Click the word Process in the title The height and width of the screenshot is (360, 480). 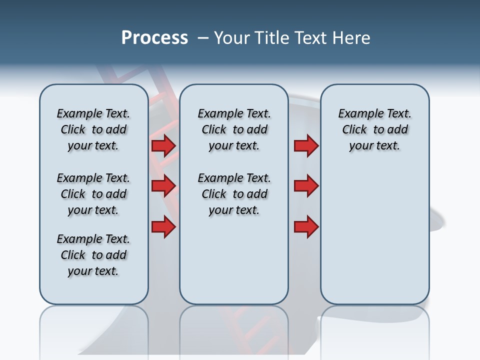[x=154, y=38]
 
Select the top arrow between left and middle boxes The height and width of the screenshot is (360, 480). [x=163, y=145]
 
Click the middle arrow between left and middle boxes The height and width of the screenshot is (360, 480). [x=163, y=186]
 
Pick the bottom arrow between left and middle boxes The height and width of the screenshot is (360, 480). [x=163, y=226]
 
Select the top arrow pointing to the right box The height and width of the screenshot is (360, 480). [x=306, y=145]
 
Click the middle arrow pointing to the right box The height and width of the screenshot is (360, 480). [x=306, y=186]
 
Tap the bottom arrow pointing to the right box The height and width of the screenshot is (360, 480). [x=306, y=226]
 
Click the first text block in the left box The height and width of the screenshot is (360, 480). [x=93, y=129]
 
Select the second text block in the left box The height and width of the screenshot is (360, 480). [x=93, y=194]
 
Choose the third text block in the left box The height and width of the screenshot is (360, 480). [x=93, y=255]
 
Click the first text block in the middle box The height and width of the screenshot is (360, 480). [x=234, y=129]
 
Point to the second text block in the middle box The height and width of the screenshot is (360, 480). [x=234, y=194]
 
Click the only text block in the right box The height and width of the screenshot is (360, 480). [x=374, y=129]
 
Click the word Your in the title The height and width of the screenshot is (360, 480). [x=230, y=38]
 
